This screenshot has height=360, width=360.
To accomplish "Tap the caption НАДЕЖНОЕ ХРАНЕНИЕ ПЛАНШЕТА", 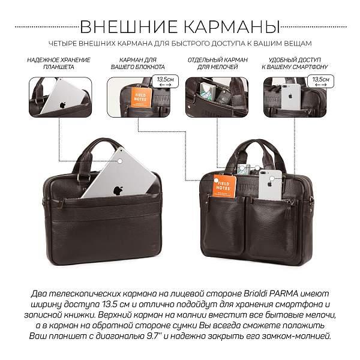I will (59, 64).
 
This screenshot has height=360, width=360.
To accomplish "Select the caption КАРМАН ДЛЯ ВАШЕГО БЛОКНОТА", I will (138, 64).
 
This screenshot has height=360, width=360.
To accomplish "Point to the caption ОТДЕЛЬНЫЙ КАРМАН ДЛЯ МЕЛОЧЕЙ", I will (216, 64).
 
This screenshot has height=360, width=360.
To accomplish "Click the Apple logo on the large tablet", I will (118, 190).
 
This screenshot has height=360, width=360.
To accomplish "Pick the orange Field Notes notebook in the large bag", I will (225, 185).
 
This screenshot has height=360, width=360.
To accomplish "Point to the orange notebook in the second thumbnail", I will (142, 97).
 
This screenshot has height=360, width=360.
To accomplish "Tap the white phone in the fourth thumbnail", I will (291, 96).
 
